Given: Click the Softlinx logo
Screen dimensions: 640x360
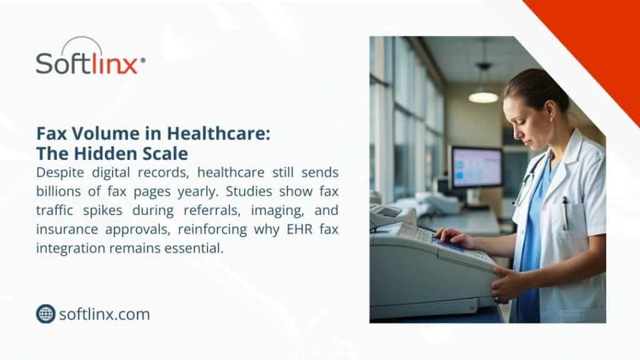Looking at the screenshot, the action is coord(90,56).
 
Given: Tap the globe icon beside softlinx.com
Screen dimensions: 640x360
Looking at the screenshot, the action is coord(46,314).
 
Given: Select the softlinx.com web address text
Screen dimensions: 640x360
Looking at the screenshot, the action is coord(104,314).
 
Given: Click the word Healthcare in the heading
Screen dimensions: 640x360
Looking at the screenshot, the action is coord(218,134).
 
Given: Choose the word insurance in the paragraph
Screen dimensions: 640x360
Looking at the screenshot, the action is coord(67,229).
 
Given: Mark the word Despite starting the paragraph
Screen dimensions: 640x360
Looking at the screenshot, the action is coord(60,172).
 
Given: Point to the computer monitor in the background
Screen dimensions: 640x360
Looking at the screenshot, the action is coord(476,167).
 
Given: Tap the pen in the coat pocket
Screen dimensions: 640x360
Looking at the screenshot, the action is coord(565,213).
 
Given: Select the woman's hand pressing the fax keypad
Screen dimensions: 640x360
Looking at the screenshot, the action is coord(453,237).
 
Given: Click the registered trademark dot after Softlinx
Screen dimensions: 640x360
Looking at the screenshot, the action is coord(143,60).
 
